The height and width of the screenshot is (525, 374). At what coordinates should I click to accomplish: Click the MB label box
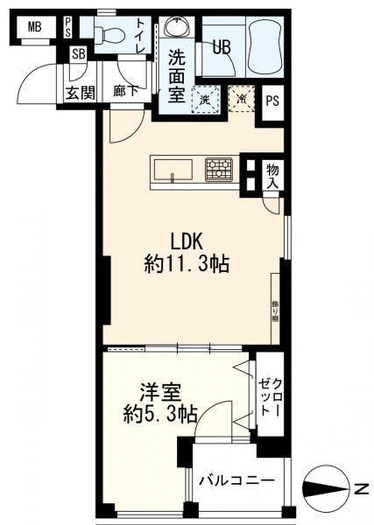[34, 27]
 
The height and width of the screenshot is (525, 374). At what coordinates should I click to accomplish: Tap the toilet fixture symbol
[108, 34]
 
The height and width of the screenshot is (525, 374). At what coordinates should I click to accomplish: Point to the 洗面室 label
[178, 76]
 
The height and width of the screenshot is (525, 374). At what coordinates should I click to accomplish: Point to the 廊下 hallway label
[126, 92]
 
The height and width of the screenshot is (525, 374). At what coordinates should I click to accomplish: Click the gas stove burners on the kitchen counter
[219, 167]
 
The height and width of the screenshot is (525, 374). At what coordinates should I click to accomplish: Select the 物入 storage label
[272, 175]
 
